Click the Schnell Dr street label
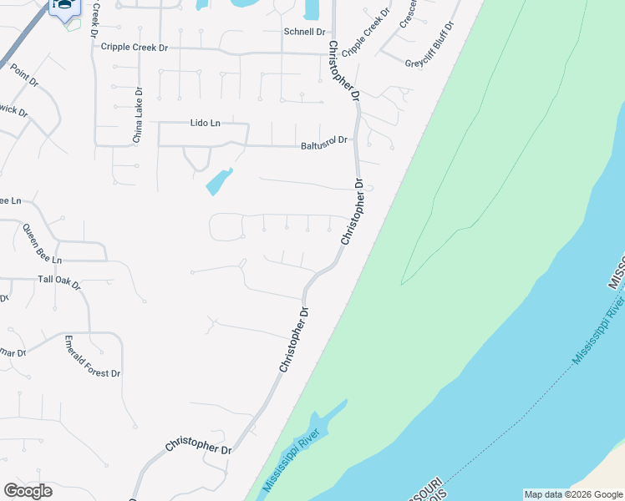pos(304,32)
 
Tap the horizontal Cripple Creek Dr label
pos(134,48)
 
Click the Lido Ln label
pos(205,123)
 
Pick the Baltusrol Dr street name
pos(323,144)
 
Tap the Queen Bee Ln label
pos(42,243)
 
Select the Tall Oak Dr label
pos(58,281)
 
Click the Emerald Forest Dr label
pos(93,357)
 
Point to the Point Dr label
pos(23,76)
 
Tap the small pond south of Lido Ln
pos(219,182)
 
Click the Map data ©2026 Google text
pos(573,494)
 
